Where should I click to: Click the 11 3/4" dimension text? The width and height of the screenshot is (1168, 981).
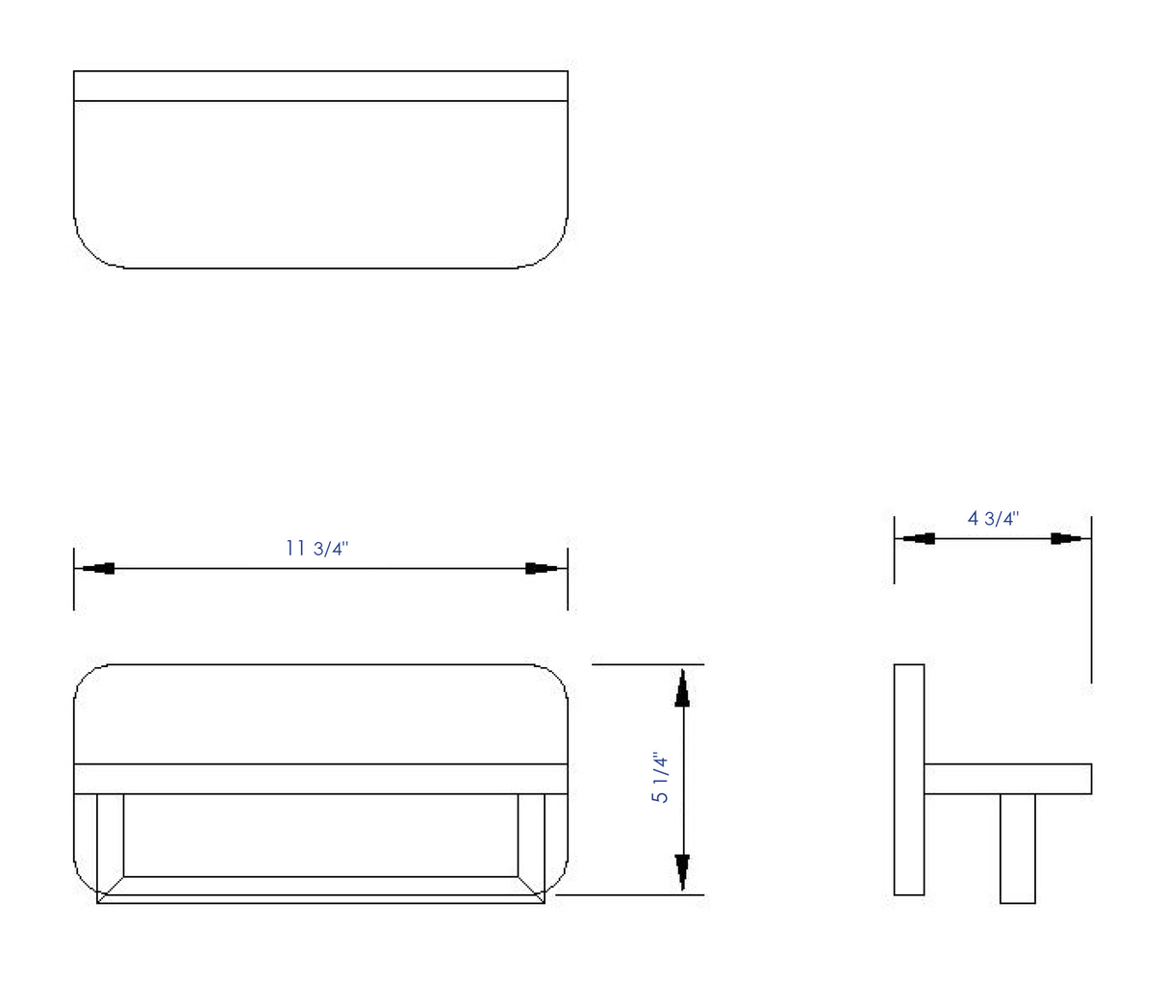[317, 549]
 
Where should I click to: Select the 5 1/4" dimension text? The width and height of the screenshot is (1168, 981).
[661, 778]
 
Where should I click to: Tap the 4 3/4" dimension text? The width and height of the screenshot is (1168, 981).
[993, 518]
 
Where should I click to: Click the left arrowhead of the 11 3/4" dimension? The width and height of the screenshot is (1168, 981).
[98, 568]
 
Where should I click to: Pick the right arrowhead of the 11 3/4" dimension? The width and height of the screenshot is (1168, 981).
[544, 568]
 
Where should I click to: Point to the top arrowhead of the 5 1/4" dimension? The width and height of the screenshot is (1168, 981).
[682, 687]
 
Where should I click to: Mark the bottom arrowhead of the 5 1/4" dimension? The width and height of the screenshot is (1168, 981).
[682, 871]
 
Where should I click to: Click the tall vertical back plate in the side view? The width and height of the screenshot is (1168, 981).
[909, 780]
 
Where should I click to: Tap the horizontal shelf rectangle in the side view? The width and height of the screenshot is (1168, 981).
[1007, 779]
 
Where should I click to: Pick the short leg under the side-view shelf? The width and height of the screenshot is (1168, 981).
[1017, 848]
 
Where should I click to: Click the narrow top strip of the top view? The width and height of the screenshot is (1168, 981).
[320, 86]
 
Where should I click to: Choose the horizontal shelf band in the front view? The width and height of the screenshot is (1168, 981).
[320, 779]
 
